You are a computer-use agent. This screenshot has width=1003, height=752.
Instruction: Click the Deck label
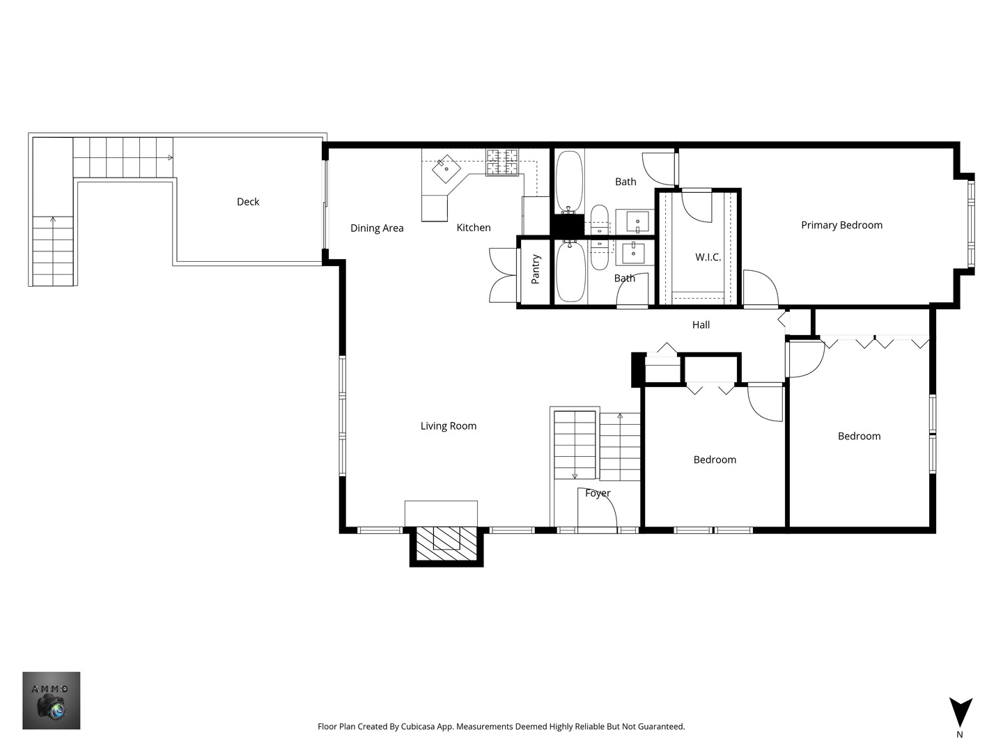[248, 202]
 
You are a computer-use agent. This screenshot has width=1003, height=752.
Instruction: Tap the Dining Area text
[377, 228]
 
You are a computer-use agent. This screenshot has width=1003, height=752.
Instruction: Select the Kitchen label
[474, 228]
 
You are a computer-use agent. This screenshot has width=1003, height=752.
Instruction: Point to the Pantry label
[536, 269]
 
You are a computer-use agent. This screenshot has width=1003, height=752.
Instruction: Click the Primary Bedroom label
[841, 225]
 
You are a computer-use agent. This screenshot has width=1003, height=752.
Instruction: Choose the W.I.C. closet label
[708, 257]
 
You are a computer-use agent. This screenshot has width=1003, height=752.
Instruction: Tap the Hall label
[701, 324]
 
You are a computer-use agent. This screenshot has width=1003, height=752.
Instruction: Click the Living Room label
[449, 426]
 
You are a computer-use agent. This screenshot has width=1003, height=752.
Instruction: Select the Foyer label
[598, 493]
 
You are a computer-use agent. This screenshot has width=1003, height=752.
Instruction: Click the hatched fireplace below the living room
[446, 544]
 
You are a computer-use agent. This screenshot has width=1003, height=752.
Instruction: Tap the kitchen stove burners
[502, 162]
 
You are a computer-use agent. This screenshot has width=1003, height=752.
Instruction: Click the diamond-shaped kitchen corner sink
[446, 169]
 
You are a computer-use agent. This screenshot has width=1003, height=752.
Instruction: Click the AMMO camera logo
[51, 700]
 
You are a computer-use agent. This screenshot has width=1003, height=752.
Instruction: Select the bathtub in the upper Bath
[569, 181]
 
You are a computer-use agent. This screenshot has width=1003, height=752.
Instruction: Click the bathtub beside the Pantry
[570, 272]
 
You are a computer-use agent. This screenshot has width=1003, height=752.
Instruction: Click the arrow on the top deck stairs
[169, 157]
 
